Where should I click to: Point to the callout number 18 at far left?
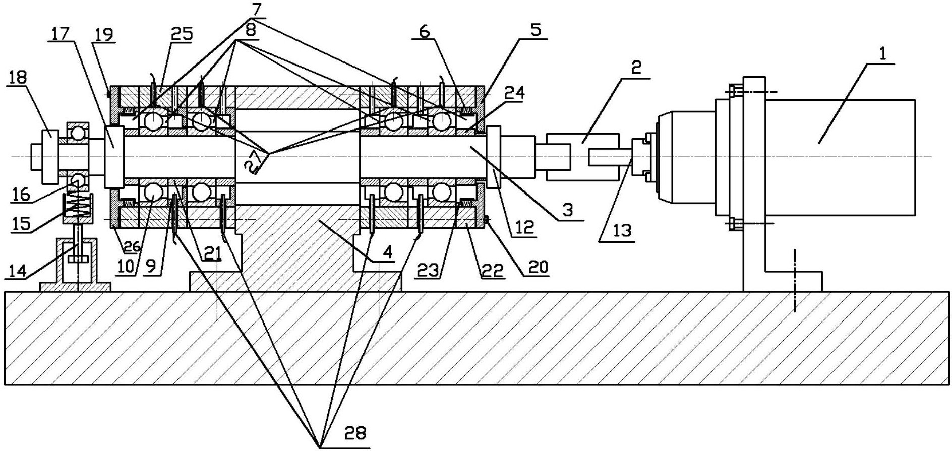[x=17, y=78]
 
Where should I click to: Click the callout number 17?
[x=60, y=35]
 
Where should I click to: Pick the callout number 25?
[x=181, y=35]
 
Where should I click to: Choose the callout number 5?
[x=535, y=30]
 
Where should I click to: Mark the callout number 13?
[x=622, y=231]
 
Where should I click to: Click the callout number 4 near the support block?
[x=387, y=252]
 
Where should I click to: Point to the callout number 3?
[x=568, y=210]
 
